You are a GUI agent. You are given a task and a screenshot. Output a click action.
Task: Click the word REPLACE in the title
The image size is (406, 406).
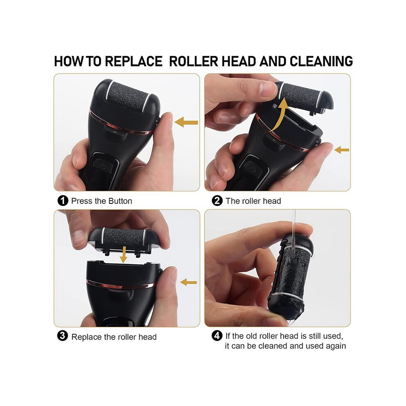point(134,62)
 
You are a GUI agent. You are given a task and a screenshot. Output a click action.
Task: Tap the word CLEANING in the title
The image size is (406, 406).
point(321,62)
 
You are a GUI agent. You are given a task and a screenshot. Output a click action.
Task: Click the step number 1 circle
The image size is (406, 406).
point(63,201)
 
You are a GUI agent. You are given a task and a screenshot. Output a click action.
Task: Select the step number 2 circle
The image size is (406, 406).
point(217,201)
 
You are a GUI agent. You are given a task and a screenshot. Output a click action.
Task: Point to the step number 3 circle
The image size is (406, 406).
point(62,336)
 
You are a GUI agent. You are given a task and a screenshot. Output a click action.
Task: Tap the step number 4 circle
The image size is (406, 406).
point(217,336)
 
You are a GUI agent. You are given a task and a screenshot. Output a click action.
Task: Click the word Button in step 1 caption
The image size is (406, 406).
point(120,201)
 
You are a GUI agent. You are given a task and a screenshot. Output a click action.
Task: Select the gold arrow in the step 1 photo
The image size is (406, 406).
point(186,122)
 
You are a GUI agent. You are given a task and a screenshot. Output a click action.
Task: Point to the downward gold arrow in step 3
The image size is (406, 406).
point(124,255)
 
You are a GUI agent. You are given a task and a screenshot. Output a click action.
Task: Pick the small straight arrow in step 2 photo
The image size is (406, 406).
point(342,150)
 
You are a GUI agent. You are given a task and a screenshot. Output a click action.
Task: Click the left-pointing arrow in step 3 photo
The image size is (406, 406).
point(189,282)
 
